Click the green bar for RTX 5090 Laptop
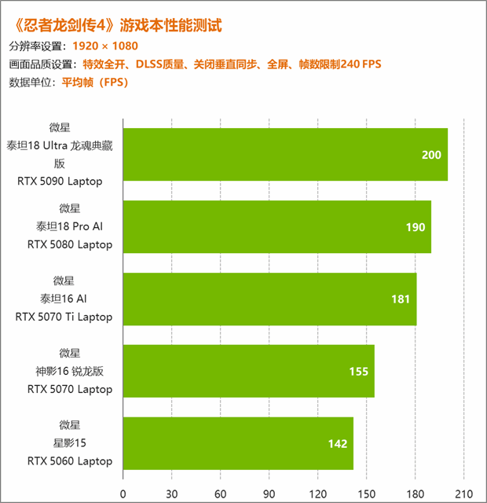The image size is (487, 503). click(285, 155)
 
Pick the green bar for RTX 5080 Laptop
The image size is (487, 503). click(276, 227)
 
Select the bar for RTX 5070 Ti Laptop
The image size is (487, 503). click(269, 299)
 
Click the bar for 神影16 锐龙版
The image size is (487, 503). click(248, 371)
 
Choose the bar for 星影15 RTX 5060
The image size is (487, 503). click(238, 443)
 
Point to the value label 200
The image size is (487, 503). click(431, 155)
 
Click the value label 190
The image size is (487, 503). click(416, 227)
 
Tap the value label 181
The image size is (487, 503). click(401, 299)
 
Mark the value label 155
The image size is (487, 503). click(359, 371)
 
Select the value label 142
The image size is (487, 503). click(338, 443)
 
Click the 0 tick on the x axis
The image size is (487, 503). click(123, 494)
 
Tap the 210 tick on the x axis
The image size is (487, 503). click(464, 494)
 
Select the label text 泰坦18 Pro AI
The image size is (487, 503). click(69, 226)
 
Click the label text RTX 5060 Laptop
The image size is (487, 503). click(69, 461)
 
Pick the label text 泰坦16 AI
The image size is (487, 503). click(69, 299)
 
